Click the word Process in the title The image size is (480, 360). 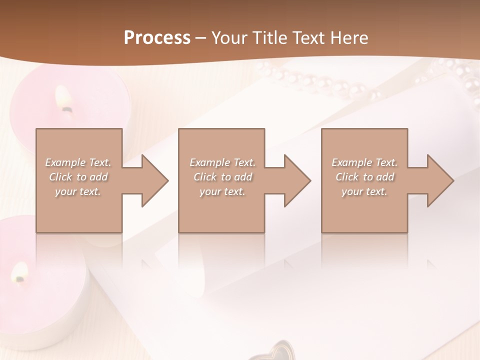coord(157,37)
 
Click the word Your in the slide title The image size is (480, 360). coord(228,37)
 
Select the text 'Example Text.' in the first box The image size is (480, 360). coord(78,162)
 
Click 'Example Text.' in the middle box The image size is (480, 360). coord(222,162)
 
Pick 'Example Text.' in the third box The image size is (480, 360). coord(364,162)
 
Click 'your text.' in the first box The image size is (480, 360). coord(78,191)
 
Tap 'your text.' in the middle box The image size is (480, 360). coord(222,191)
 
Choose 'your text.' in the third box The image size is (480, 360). coord(364,191)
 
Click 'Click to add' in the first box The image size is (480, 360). coord(78,177)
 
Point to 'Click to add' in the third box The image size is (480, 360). coord(365,177)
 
